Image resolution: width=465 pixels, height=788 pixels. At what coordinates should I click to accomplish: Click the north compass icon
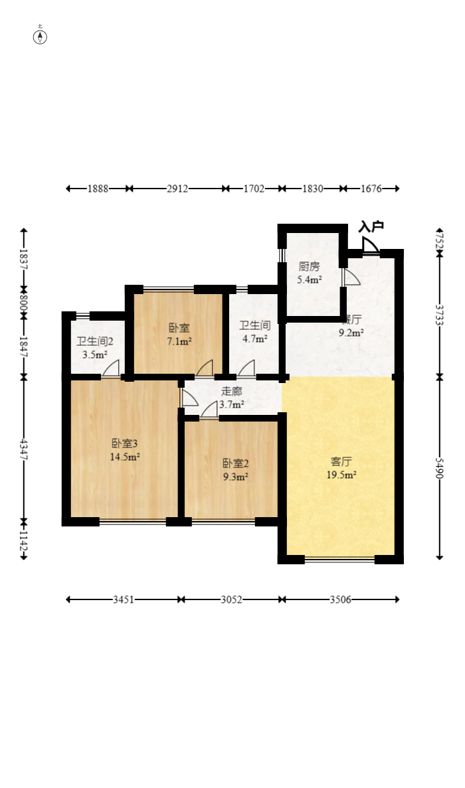[40, 36]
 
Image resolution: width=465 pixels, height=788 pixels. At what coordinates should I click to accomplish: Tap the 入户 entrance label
[371, 227]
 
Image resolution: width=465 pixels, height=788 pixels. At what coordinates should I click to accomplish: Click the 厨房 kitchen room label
[309, 267]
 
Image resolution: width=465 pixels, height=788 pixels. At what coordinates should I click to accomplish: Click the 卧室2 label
[235, 463]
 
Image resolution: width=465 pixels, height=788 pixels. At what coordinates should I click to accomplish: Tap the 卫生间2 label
[95, 342]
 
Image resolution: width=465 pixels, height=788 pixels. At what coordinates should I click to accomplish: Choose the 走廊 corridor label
[232, 391]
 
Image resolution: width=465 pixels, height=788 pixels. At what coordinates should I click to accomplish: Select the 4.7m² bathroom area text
[254, 339]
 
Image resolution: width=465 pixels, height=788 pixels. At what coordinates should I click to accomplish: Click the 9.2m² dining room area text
[351, 333]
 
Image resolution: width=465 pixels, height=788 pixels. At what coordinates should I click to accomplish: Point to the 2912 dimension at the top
[177, 189]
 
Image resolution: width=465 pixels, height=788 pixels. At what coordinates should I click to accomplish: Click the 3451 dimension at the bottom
[124, 599]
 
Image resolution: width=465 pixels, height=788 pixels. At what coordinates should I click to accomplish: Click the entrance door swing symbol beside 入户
[371, 246]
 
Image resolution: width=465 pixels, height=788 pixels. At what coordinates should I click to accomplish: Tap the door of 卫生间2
[112, 368]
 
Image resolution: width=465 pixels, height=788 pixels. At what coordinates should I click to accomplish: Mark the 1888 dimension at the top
[98, 189]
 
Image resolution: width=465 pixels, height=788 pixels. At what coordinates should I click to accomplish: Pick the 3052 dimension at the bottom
[231, 599]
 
